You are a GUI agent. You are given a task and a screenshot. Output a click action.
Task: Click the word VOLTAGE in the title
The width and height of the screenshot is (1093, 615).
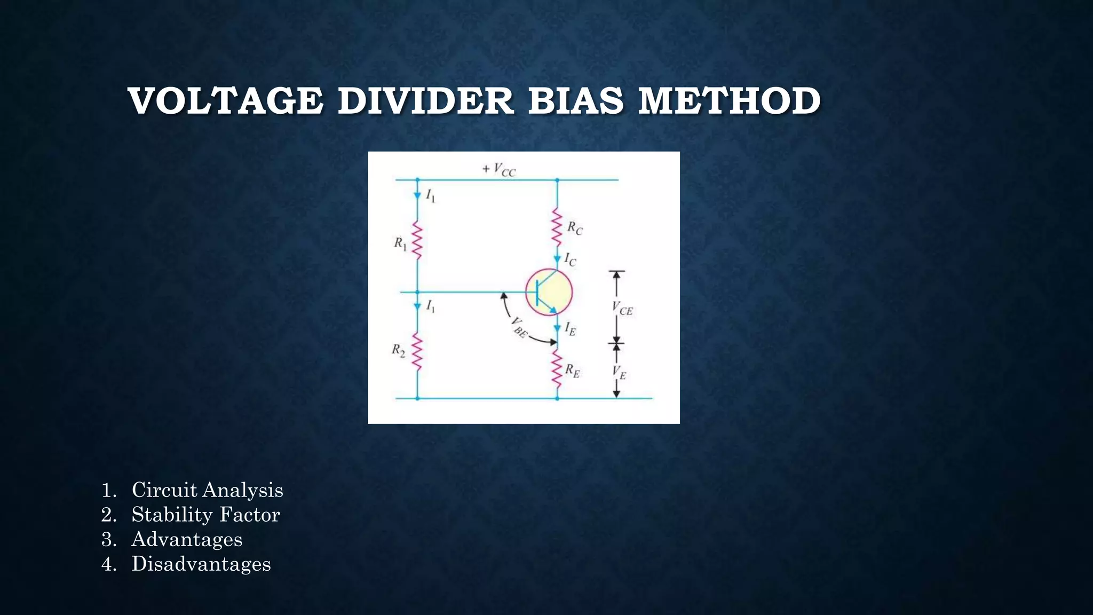225,101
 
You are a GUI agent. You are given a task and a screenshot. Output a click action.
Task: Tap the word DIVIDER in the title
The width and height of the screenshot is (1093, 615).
426,101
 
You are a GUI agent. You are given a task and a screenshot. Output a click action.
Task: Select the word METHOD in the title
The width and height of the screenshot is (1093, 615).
729,101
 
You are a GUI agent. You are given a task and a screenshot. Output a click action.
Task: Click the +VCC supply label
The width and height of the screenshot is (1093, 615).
499,170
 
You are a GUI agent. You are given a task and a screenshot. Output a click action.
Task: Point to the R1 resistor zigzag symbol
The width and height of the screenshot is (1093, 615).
417,241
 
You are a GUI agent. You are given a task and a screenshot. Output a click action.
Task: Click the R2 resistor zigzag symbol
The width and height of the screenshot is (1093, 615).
417,352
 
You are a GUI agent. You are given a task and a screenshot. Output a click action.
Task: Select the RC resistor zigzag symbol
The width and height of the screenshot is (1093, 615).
557,226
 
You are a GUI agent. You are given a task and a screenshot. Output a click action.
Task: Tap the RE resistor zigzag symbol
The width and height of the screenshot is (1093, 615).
557,368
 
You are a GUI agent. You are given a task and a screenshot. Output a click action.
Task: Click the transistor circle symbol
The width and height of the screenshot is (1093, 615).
549,292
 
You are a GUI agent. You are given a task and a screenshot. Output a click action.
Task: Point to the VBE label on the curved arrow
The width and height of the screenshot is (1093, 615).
519,327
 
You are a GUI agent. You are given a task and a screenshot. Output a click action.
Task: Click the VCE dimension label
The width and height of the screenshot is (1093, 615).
622,309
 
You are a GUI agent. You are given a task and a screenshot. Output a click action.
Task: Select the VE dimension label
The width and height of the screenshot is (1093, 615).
619,372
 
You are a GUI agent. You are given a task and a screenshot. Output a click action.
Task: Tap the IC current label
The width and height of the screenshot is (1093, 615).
570,260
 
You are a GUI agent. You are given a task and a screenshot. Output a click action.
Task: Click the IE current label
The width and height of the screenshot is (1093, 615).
570,329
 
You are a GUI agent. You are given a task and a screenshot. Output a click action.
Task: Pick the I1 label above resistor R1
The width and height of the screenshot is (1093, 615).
430,196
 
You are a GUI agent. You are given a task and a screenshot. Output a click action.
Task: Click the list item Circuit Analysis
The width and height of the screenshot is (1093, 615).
207,490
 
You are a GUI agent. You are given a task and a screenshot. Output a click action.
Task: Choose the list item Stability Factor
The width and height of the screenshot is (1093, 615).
205,515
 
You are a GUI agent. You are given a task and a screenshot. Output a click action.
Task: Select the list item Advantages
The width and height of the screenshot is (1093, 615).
187,539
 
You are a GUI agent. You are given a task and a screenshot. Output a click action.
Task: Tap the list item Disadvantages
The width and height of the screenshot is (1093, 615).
201,564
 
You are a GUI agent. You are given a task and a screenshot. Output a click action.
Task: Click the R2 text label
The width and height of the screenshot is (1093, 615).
399,350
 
